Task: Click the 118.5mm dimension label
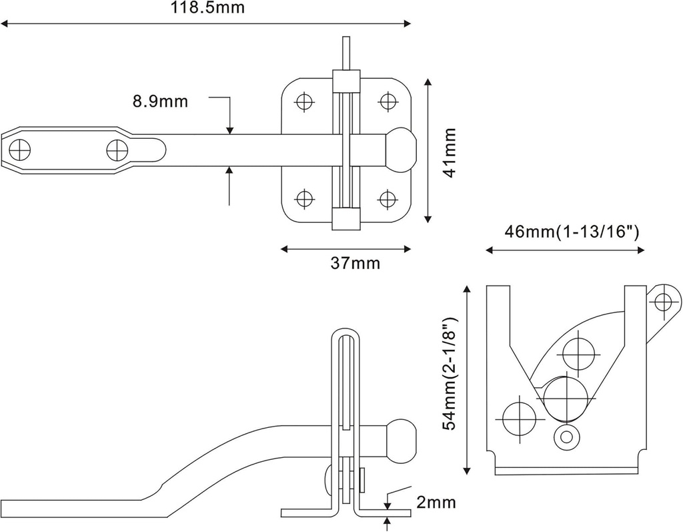207,9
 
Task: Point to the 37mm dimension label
356,264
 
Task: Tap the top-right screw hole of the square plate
387,101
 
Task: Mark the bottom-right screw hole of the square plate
387,198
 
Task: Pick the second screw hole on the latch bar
117,150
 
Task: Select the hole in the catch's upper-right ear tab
663,302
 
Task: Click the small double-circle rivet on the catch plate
566,437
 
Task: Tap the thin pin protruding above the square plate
346,53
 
